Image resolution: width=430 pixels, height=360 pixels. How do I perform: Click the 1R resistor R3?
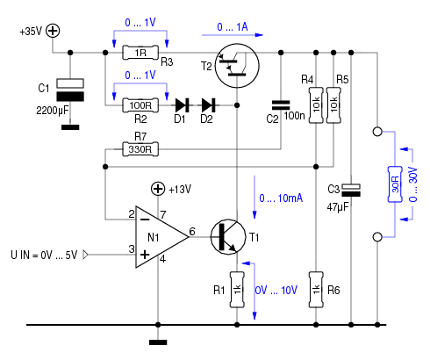140,53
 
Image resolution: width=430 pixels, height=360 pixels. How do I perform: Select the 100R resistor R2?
140,105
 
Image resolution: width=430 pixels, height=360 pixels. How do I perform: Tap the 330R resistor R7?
140,149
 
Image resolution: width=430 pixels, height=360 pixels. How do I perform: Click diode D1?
183,105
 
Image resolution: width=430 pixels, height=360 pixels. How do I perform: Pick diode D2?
209,105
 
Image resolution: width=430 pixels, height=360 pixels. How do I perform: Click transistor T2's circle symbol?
237,66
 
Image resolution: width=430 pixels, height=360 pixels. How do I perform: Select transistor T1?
228,237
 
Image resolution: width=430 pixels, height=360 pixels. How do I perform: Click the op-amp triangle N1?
161,237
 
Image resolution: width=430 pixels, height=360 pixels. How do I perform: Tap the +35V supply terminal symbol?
53,31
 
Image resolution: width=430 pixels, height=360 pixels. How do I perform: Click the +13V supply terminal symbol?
158,189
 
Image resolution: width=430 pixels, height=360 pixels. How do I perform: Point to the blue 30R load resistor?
395,184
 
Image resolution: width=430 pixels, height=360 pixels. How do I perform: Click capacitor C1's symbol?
70,90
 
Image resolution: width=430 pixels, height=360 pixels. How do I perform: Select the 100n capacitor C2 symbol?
281,105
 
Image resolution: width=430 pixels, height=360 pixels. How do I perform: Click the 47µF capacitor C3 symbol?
351,191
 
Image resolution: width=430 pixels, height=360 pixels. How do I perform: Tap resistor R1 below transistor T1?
237,290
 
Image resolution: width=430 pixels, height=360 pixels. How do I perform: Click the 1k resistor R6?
316,290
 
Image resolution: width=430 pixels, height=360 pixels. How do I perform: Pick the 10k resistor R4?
316,105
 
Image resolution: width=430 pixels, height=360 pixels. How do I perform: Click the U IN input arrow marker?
85,255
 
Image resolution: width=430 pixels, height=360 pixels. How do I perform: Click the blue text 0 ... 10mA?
281,198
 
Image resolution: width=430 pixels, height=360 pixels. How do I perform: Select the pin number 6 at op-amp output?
192,232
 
